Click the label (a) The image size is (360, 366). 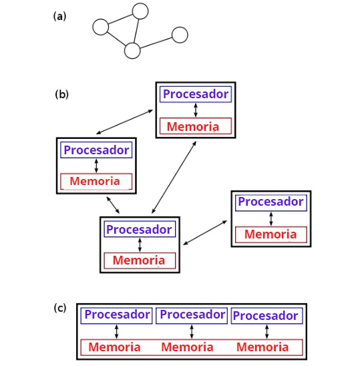[59, 17]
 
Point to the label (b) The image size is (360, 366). [62, 95]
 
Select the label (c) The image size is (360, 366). [60, 308]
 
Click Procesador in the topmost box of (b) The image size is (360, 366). [196, 94]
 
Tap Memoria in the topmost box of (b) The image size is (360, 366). [193, 126]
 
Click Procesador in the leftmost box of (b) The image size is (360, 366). [96, 150]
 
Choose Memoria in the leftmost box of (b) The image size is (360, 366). [95, 181]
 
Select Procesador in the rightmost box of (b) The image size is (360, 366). [271, 202]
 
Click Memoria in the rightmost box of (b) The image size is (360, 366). [271, 234]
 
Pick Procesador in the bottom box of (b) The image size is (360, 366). [139, 230]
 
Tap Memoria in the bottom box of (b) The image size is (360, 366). [139, 260]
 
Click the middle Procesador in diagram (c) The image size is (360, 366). [192, 315]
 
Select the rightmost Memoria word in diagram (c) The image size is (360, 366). [262, 347]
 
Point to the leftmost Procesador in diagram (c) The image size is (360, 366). [117, 315]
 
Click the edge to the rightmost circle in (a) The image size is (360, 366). [156, 43]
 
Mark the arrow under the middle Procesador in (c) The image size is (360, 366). [192, 332]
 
